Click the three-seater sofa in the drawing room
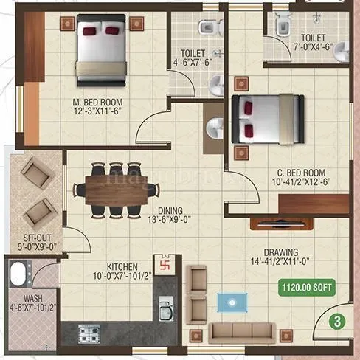click(x=240, y=332)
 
